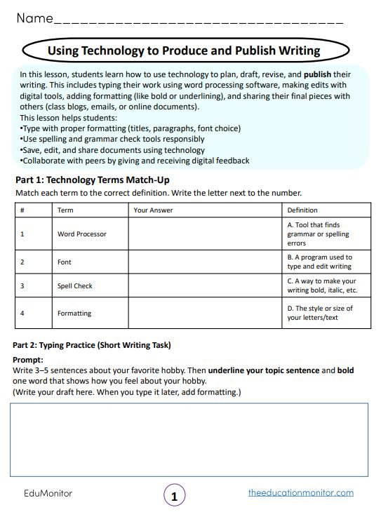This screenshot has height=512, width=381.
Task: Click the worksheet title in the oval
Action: point(184,50)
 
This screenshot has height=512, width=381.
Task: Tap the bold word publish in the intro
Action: point(316,74)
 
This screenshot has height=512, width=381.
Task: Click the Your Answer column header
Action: point(153,210)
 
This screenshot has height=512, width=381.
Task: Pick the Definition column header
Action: point(302,210)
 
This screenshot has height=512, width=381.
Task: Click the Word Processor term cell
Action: point(82,234)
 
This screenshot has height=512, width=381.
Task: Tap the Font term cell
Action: point(65,262)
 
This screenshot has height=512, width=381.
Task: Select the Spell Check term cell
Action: point(75,286)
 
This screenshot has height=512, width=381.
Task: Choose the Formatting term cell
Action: point(74,313)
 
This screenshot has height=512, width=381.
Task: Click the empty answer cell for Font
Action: point(205,262)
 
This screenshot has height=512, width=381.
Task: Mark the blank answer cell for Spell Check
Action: point(205,286)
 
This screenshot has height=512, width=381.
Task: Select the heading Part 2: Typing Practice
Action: point(92,345)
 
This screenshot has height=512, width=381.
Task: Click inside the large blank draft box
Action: point(188,439)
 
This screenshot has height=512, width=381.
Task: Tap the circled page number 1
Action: point(175,496)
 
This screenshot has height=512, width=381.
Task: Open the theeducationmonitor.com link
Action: point(300,493)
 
